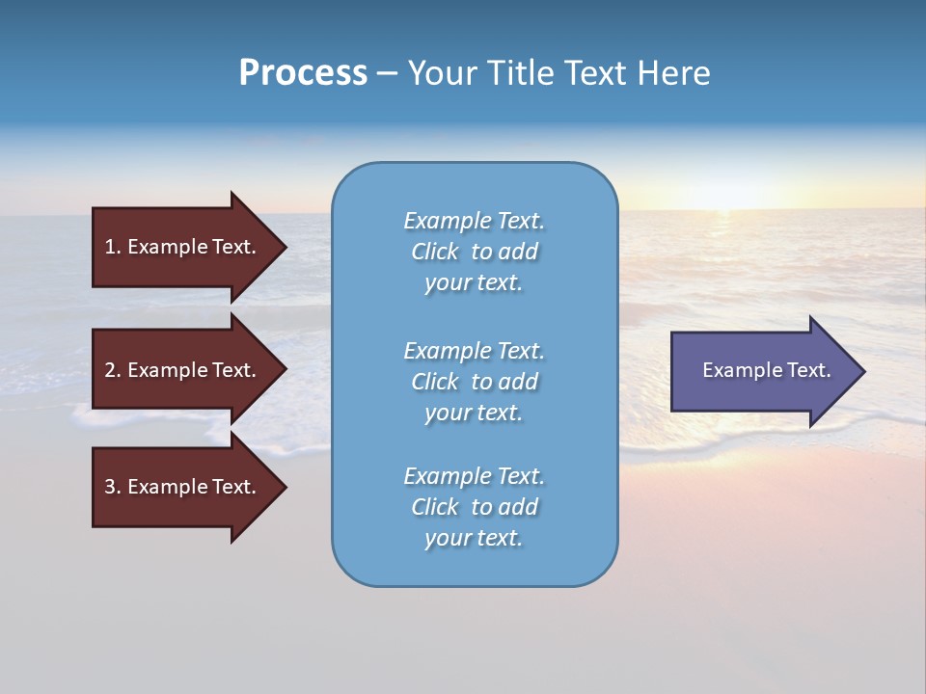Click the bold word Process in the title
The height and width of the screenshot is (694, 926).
(x=303, y=73)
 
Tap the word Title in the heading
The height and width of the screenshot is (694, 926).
(x=517, y=73)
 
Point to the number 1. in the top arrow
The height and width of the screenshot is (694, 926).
(x=113, y=247)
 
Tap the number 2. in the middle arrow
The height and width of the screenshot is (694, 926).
(x=113, y=370)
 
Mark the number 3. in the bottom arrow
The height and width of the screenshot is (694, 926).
(x=113, y=487)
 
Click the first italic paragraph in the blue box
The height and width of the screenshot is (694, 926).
(x=474, y=252)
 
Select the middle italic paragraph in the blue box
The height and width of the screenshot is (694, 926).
(x=474, y=382)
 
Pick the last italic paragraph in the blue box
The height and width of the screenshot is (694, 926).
(x=474, y=507)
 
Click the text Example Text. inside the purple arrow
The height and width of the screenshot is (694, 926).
(x=766, y=370)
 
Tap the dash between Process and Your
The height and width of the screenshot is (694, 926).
(x=387, y=73)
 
